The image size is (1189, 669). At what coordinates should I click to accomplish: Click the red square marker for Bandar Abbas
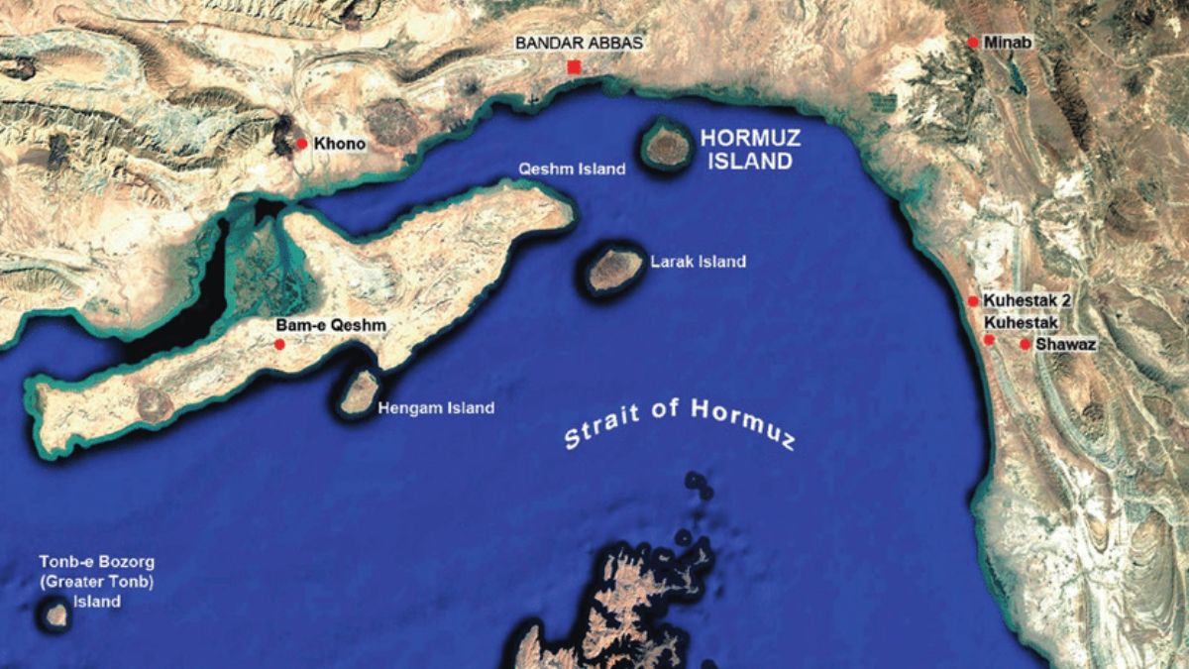pyautogui.click(x=574, y=67)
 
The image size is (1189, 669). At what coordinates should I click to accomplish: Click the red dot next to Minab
pyautogui.click(x=973, y=43)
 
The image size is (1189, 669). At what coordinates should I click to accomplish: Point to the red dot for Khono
pyautogui.click(x=301, y=144)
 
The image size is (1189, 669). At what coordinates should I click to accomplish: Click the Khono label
pyautogui.click(x=340, y=145)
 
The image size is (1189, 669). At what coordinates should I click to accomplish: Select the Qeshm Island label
pyautogui.click(x=573, y=169)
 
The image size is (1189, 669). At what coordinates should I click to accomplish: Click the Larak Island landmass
pyautogui.click(x=614, y=269)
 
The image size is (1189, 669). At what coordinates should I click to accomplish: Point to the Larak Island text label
pyautogui.click(x=698, y=263)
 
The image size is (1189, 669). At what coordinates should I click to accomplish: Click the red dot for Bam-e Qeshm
pyautogui.click(x=279, y=344)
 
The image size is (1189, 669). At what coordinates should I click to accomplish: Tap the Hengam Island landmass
pyautogui.click(x=359, y=391)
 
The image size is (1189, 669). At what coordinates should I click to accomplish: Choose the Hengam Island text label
pyautogui.click(x=437, y=407)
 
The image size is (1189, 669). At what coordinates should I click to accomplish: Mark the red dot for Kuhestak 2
pyautogui.click(x=973, y=300)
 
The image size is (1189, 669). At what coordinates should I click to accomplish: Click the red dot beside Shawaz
pyautogui.click(x=1025, y=344)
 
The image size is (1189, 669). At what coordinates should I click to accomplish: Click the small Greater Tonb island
pyautogui.click(x=56, y=615)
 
